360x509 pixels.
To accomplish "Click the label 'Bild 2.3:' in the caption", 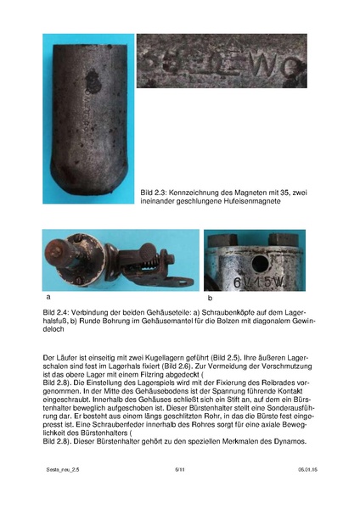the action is click(x=155, y=194).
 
